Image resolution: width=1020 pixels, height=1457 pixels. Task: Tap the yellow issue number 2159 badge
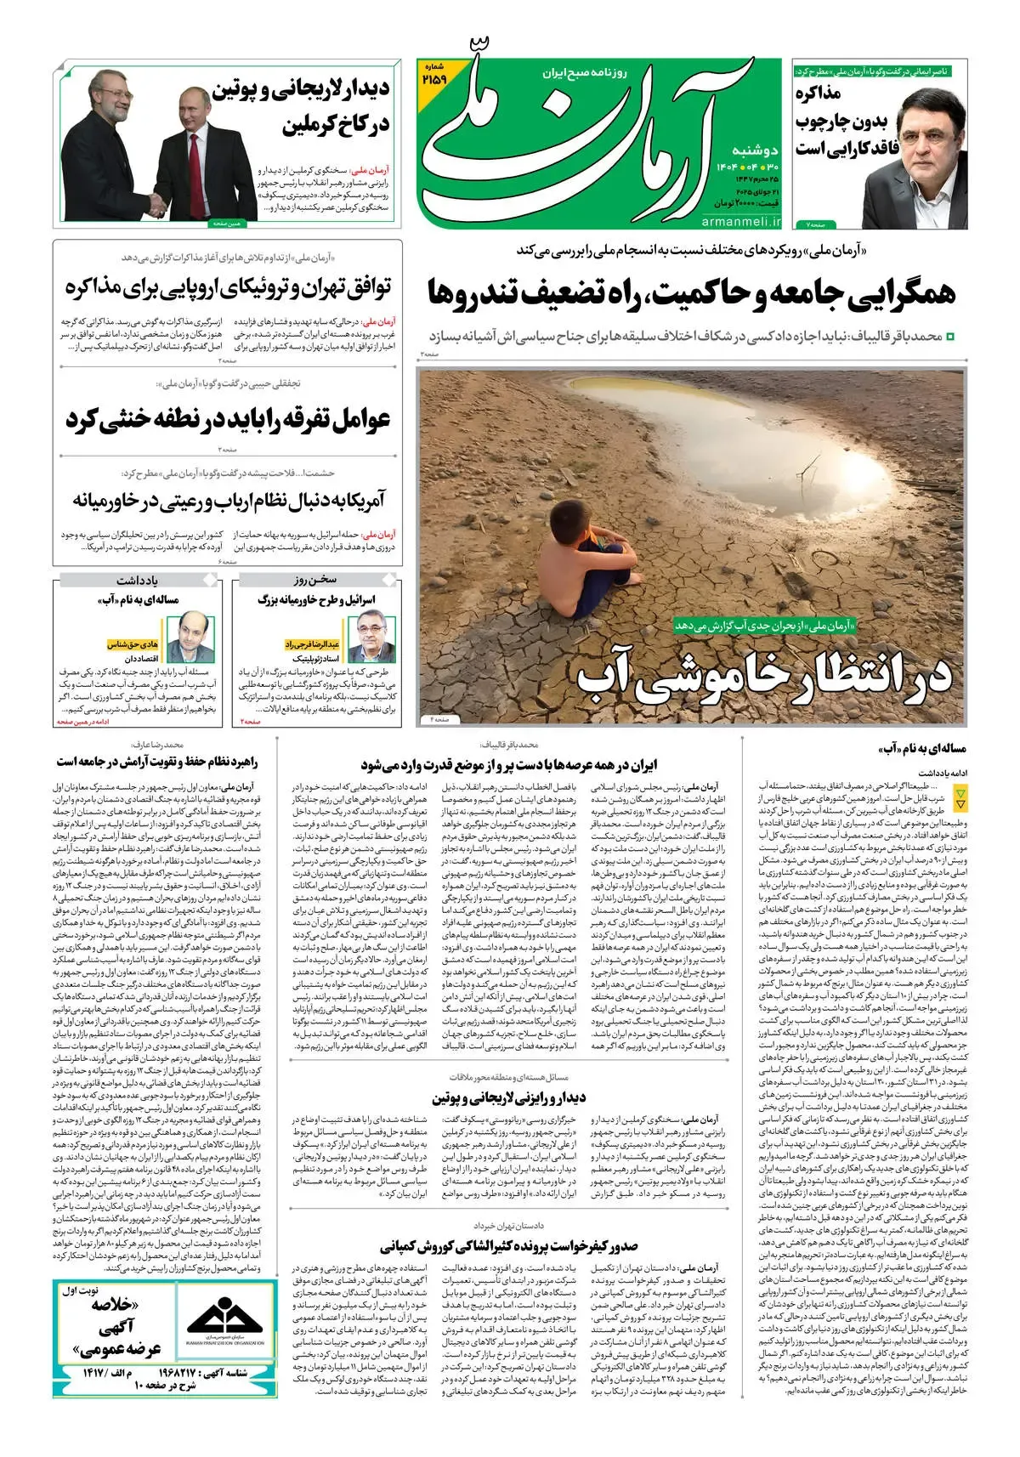(433, 74)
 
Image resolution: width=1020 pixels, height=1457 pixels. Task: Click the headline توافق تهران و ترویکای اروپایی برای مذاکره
(228, 287)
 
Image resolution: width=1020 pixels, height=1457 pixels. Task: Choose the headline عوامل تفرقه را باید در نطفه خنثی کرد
(228, 420)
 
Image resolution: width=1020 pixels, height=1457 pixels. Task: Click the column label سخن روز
(316, 581)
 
